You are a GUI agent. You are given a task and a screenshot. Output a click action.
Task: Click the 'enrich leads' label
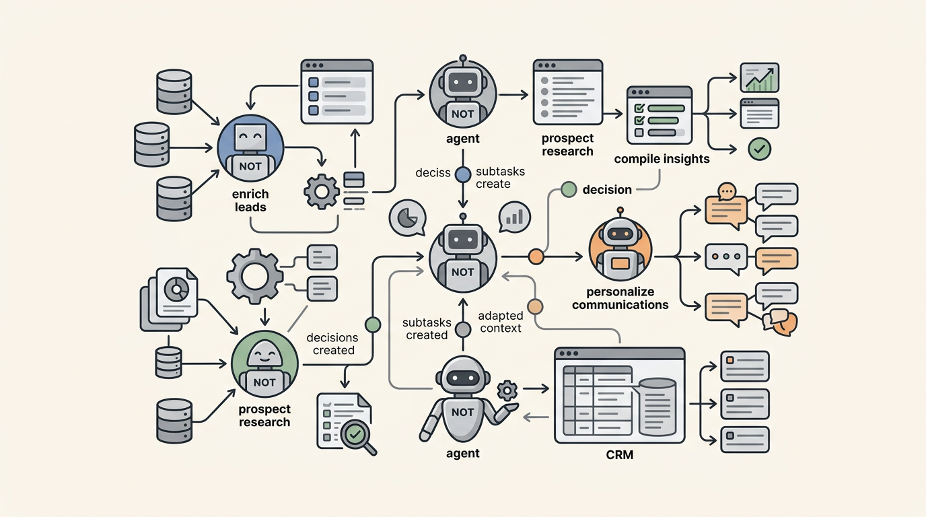(x=250, y=201)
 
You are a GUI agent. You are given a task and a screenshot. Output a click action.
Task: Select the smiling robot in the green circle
(x=264, y=368)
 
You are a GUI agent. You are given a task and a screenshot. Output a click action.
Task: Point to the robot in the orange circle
(x=620, y=246)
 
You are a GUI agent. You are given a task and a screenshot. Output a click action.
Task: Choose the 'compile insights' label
(x=662, y=160)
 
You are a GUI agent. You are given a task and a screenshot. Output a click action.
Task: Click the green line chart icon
(x=759, y=77)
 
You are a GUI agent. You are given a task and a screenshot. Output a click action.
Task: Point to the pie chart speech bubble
(x=406, y=217)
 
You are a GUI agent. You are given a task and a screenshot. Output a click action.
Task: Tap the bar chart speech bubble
(x=515, y=217)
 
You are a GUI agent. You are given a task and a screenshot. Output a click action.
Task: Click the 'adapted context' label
(x=499, y=322)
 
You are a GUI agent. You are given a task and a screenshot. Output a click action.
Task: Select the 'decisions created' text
(x=332, y=344)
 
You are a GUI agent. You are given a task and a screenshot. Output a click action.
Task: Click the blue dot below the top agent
(x=463, y=174)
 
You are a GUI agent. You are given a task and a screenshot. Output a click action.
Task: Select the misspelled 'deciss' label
(x=432, y=172)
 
